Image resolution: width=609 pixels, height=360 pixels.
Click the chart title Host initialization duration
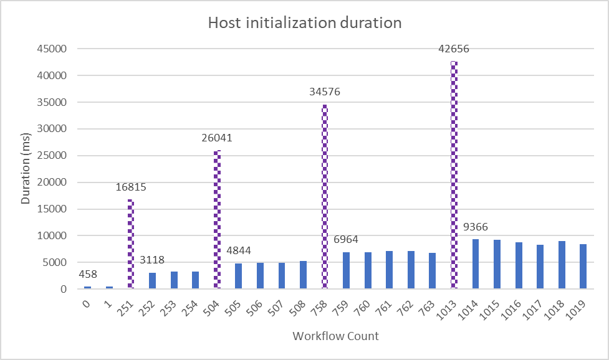(x=305, y=24)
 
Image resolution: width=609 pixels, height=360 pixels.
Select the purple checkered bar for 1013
(x=454, y=174)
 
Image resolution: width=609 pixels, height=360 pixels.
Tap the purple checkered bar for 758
(x=325, y=196)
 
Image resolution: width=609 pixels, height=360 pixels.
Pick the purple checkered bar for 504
(x=217, y=219)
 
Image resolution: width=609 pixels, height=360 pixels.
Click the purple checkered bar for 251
(x=131, y=244)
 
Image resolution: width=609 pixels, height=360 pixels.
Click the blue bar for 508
(x=303, y=275)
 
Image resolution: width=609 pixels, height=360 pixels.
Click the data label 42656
(x=454, y=49)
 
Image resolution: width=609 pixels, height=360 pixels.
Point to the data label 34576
(x=325, y=92)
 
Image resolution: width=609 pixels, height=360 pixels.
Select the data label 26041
(x=217, y=138)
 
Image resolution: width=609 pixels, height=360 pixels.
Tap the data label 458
(x=88, y=275)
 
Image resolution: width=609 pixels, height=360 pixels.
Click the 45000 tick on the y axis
(x=54, y=49)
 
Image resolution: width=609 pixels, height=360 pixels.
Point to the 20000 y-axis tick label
(x=54, y=182)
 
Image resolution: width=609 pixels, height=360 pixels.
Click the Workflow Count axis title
(x=335, y=336)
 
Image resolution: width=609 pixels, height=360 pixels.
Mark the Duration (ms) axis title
(x=26, y=168)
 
